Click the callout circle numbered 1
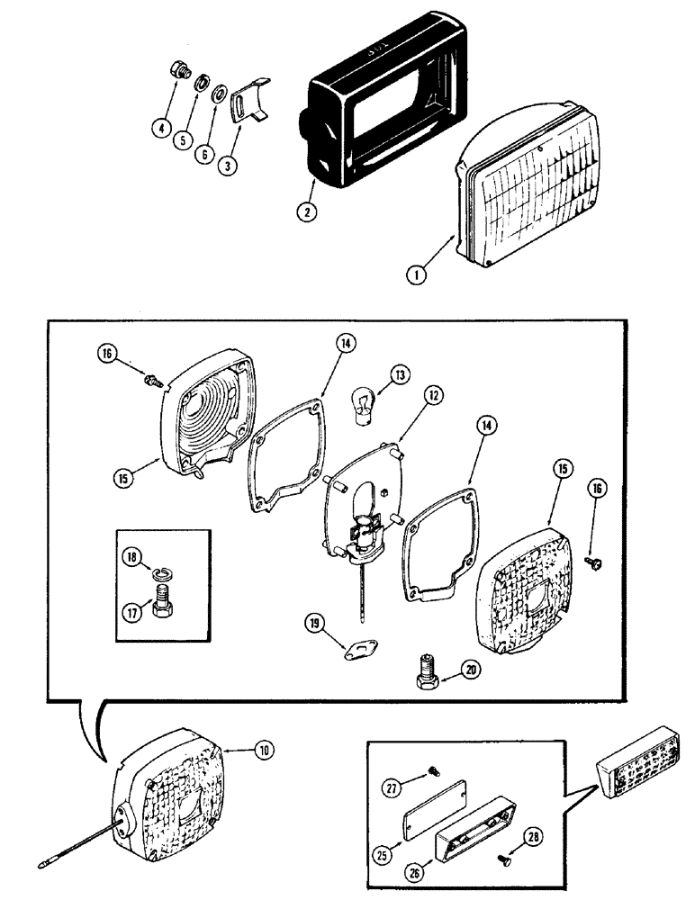coord(416,276)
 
